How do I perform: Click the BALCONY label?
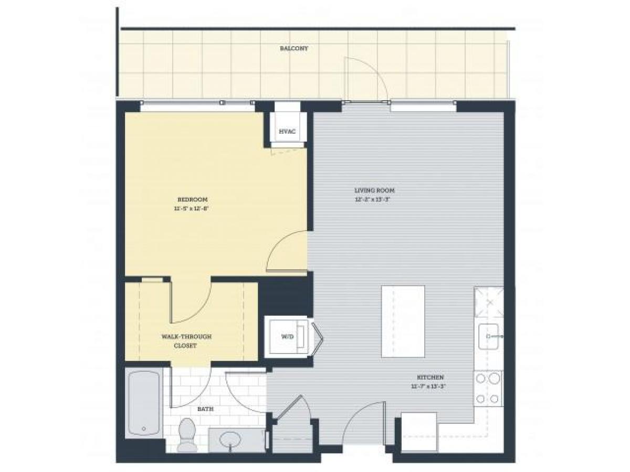point(293,48)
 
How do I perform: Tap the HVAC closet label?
point(286,131)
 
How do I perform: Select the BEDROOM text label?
point(192,199)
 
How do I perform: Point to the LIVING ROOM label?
point(374,190)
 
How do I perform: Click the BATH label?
point(204,410)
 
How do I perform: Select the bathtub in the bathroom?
point(143,403)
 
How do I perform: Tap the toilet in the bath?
point(185,434)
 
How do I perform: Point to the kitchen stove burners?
point(488,388)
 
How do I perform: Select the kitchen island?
point(403,321)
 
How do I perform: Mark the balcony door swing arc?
point(367,76)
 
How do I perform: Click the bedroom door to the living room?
point(287,252)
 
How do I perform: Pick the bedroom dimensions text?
point(192,208)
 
